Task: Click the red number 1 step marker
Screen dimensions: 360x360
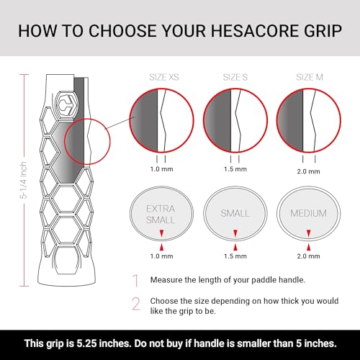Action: (x=135, y=279)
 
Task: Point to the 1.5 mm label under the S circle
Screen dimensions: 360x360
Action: (x=235, y=168)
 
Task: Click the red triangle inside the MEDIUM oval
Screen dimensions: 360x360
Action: (x=309, y=232)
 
